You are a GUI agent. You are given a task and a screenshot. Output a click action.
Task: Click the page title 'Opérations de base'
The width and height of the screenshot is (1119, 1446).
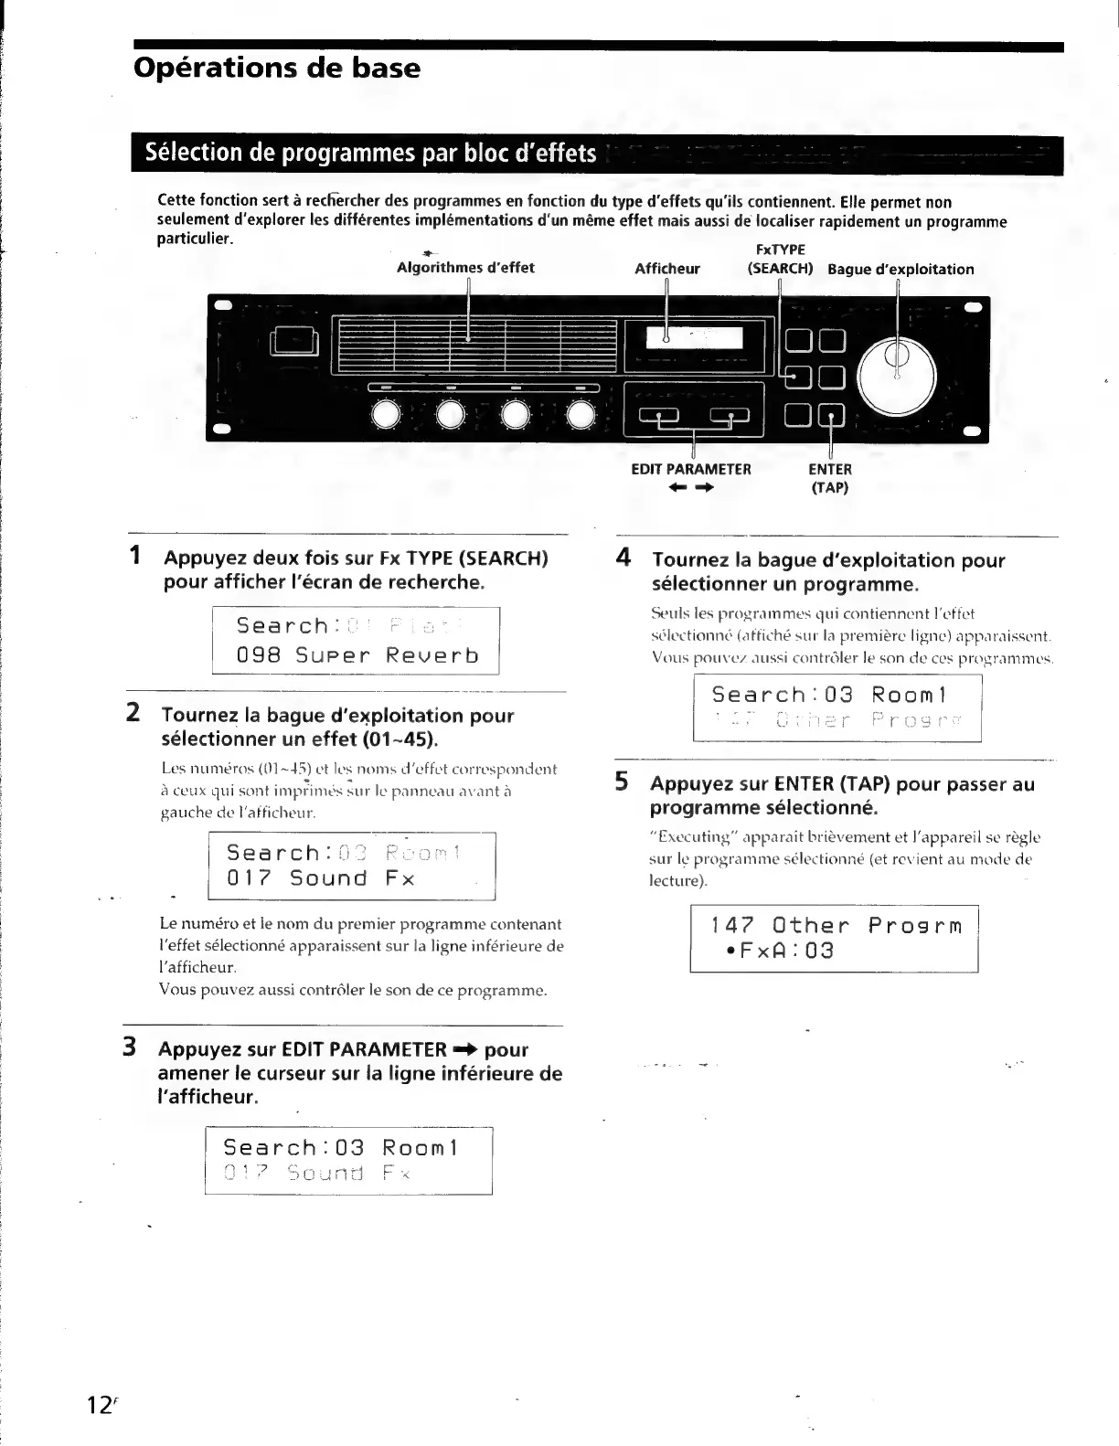[277, 69]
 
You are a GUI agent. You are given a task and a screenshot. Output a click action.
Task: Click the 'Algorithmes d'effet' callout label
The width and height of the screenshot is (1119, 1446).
[465, 268]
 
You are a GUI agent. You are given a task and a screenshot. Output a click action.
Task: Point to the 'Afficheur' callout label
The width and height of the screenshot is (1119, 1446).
[667, 269]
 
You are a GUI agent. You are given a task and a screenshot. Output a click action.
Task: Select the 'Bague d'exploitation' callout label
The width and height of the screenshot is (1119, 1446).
[901, 270]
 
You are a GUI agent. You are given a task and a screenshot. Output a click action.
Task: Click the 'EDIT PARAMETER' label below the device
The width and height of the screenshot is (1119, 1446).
[691, 470]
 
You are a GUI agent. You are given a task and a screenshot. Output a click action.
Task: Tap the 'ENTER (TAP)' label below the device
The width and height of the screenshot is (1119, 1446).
[830, 478]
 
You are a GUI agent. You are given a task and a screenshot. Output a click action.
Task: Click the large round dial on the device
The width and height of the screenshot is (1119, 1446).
[897, 376]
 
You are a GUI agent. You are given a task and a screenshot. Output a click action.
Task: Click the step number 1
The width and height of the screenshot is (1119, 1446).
[134, 556]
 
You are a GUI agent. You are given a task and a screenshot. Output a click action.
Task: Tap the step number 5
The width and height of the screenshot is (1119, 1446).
[622, 782]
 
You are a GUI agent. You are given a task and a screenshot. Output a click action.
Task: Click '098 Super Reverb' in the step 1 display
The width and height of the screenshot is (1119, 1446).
[357, 656]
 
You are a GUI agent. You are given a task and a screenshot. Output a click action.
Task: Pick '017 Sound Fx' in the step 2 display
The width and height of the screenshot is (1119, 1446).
[320, 879]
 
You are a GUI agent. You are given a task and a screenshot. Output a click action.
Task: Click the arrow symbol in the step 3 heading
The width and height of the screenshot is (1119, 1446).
[465, 1049]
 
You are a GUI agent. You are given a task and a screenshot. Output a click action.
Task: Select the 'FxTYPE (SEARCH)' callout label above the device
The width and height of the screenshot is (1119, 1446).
[780, 260]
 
